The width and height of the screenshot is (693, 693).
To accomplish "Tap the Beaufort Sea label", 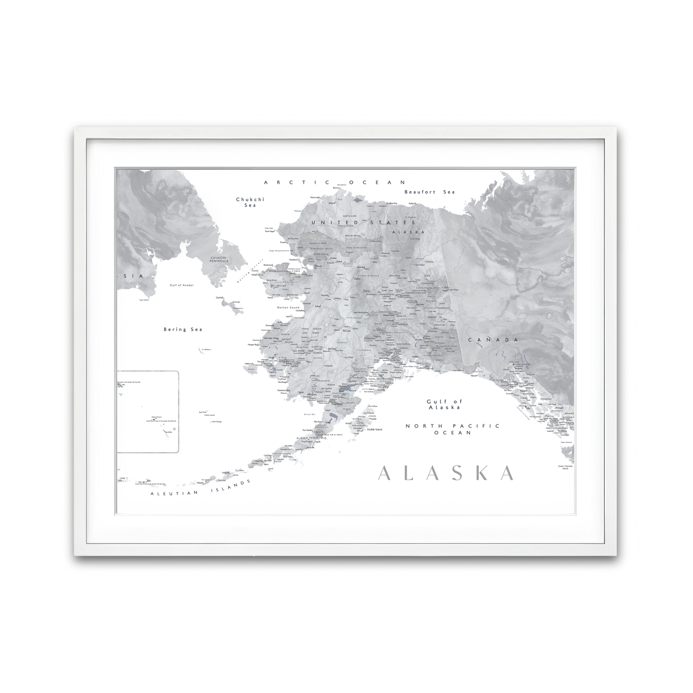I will point(430,192).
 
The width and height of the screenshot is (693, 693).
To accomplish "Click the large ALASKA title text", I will point(445,473).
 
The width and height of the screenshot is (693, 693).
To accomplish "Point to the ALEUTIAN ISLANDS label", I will point(199,487).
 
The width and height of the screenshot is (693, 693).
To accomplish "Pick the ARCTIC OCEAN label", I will point(336,182).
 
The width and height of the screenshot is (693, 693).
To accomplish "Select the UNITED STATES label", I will point(363,222).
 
